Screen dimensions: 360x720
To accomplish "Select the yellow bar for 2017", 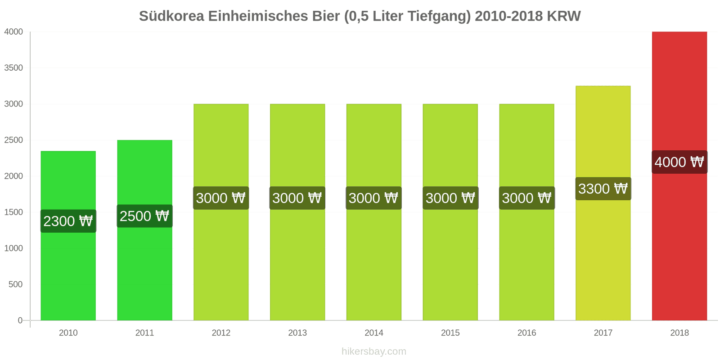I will pos(603,261).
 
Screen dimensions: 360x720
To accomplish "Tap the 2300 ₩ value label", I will pos(68,221).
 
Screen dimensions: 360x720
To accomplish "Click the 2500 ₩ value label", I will pos(144,216).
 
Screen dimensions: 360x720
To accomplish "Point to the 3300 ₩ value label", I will pos(603,189).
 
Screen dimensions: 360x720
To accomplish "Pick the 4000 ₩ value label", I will pos(679,162).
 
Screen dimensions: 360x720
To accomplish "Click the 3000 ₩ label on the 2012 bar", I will pos(221,198).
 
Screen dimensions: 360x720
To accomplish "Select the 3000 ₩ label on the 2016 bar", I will pos(526,198).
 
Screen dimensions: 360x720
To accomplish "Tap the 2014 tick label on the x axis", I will pos(374,333).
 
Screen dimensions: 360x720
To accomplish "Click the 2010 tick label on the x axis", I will pos(68,333).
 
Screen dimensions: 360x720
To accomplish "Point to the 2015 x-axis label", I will pos(450,333).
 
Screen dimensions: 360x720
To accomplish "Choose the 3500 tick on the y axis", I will pos(13,68).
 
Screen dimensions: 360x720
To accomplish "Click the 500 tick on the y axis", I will pos(15,284).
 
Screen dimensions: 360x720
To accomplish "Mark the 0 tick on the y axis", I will pos(20,320).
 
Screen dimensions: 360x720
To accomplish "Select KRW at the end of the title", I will pos(564,16).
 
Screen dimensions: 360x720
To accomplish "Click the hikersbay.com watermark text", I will pos(374,351).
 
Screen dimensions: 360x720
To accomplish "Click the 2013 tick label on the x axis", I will pos(297,333).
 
